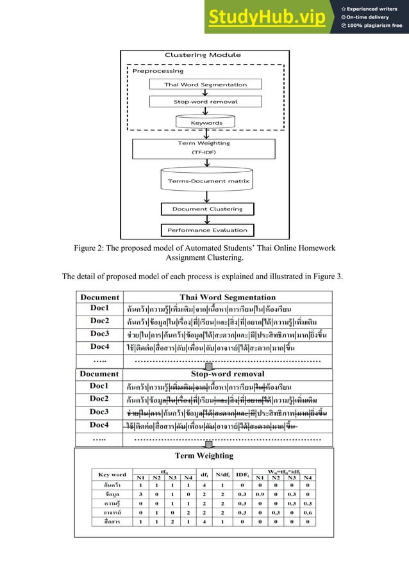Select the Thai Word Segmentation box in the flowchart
coord(205,84)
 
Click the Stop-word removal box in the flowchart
coord(205,102)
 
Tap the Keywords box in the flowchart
coord(206,122)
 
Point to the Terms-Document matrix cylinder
coord(205,181)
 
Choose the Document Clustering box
coord(207,209)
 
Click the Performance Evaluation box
coord(207,230)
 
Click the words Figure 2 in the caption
coord(96,248)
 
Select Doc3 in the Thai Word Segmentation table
coord(99,333)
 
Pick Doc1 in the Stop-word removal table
coord(99,386)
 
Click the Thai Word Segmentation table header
coord(228,296)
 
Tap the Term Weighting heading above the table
coord(204,456)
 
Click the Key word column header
coord(112,474)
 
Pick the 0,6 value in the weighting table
coord(308,512)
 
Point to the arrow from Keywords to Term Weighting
coord(205,133)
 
